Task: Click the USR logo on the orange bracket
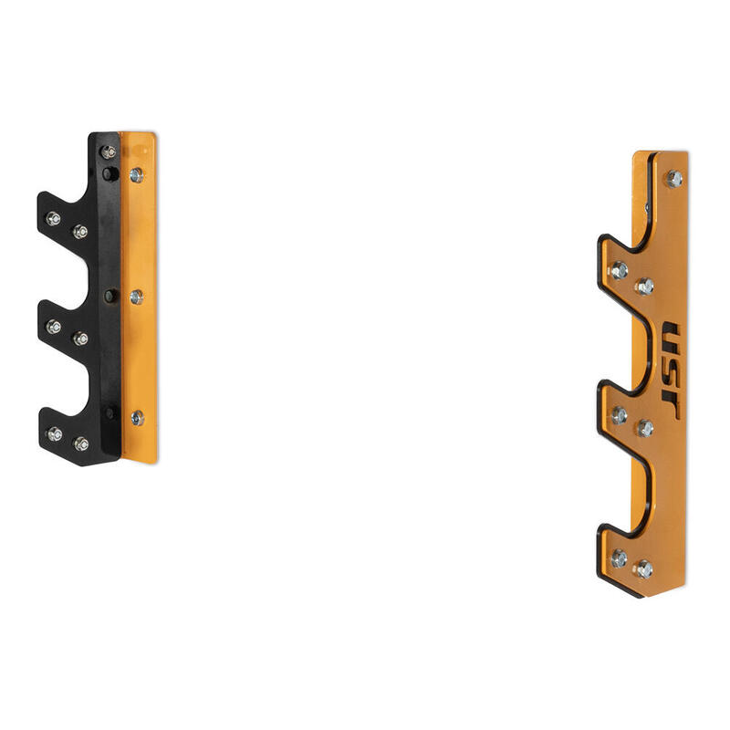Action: (671, 370)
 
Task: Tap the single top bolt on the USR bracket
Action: (674, 179)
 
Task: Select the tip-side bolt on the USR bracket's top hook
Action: (620, 270)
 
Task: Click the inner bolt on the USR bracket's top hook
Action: (645, 287)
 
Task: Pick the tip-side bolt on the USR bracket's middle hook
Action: (620, 415)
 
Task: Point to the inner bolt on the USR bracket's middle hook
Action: (645, 428)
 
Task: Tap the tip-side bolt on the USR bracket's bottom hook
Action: (620, 558)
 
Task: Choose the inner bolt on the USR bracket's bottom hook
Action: (644, 569)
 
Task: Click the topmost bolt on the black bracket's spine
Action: (109, 151)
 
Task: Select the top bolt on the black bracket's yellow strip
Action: (136, 175)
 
